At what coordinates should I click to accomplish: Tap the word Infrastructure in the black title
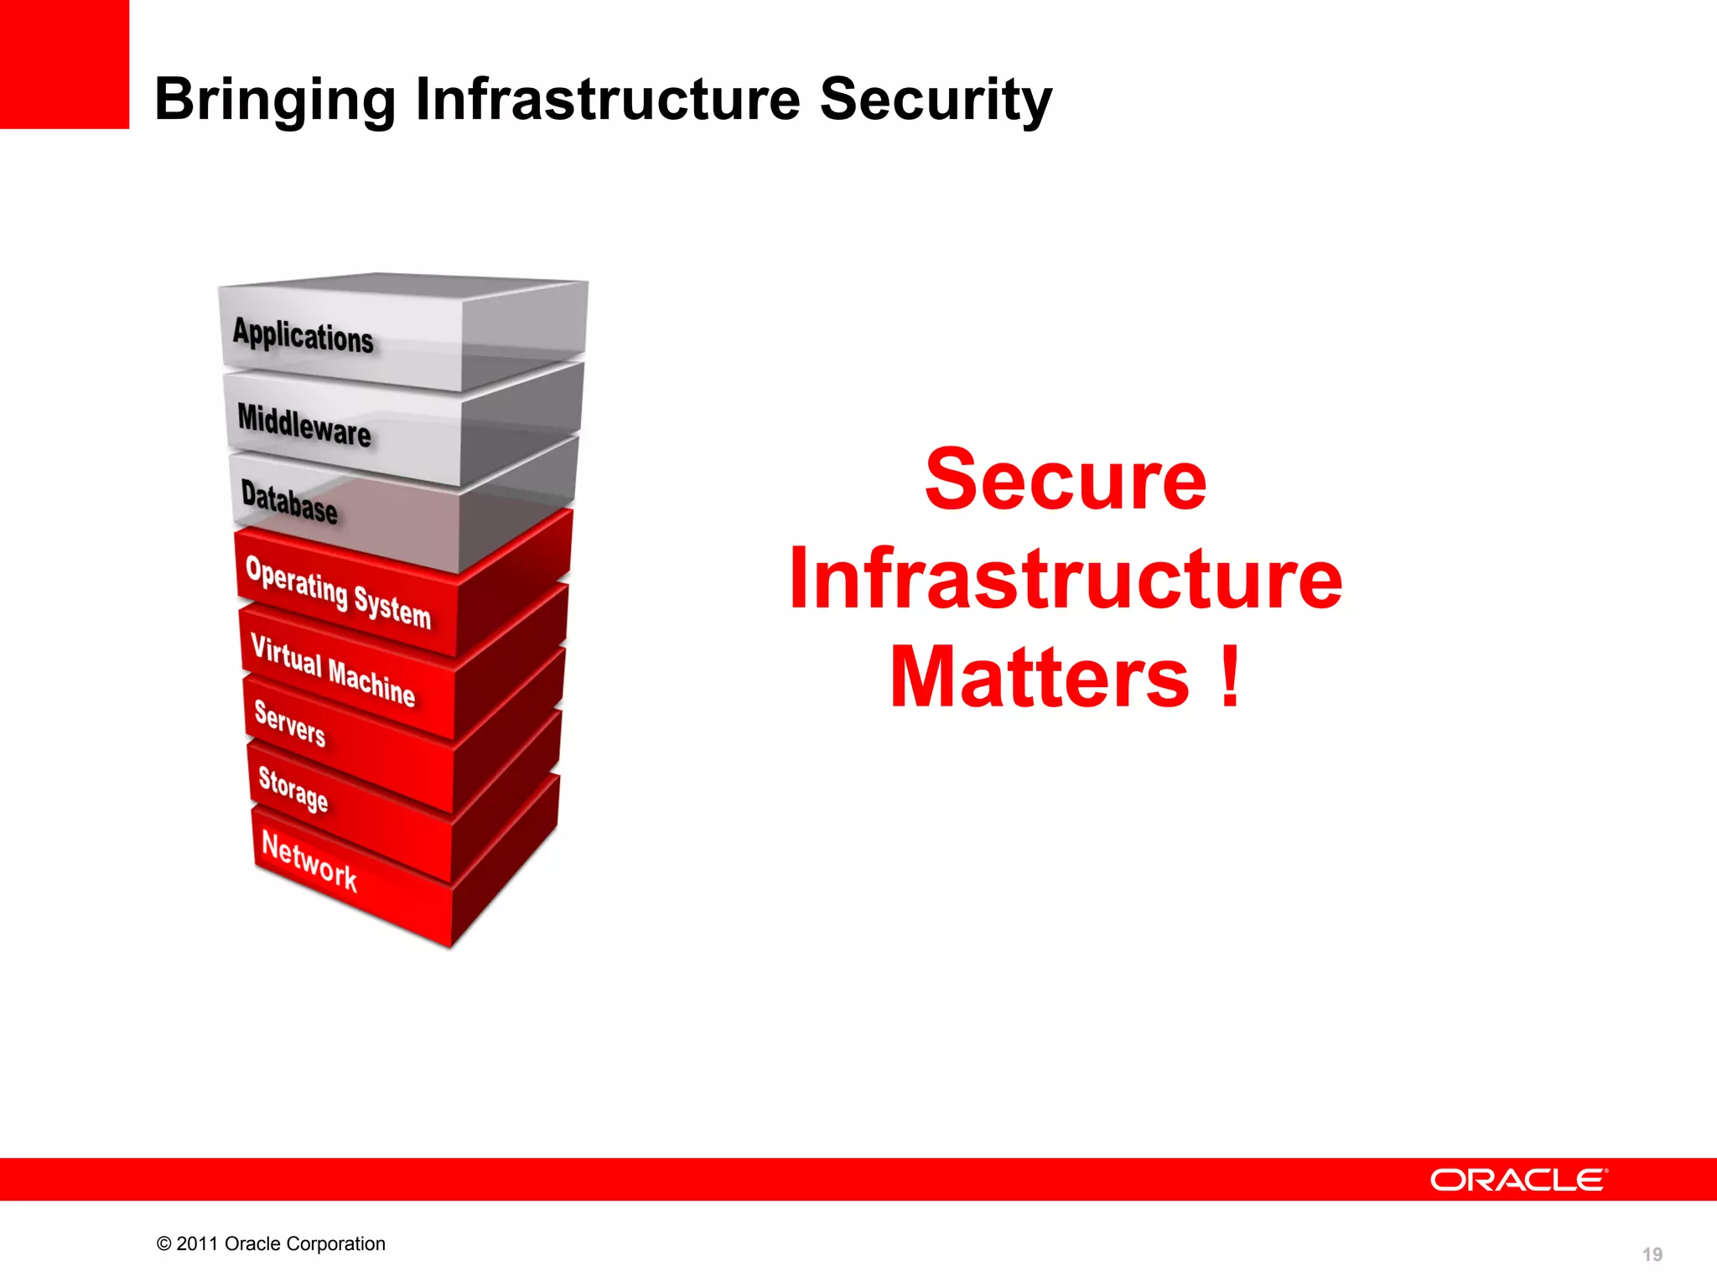pos(608,99)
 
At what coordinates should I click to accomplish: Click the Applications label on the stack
pos(303,336)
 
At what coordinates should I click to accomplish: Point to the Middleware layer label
pos(303,425)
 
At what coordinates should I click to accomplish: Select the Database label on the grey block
pos(289,501)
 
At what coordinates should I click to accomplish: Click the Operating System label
pos(338,592)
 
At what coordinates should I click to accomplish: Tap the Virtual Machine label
pos(333,670)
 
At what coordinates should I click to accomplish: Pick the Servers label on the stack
pos(289,722)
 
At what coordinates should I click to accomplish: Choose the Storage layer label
pos(293,789)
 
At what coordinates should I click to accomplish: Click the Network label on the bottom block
pos(309,861)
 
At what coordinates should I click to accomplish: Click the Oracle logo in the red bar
pos(1518,1180)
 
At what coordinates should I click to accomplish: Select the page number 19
pos(1652,1254)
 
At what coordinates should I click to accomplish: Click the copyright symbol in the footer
pos(164,1244)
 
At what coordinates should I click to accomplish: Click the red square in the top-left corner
pos(65,65)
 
